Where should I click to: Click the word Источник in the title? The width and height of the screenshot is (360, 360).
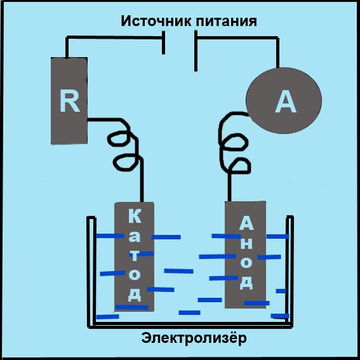click(x=156, y=21)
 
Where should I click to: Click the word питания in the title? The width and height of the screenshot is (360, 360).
click(x=227, y=22)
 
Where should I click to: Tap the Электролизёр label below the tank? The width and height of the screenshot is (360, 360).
click(x=194, y=338)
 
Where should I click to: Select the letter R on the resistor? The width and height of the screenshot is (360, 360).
click(x=69, y=101)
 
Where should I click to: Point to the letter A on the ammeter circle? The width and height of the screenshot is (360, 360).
click(x=286, y=101)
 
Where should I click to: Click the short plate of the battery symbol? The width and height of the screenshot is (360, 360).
click(x=163, y=43)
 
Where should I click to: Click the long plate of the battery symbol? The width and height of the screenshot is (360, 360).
click(x=196, y=51)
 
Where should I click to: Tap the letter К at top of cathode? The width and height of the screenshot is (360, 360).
click(x=135, y=216)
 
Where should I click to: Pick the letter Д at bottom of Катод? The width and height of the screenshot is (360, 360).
click(x=135, y=294)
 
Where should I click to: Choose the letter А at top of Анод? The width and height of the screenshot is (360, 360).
click(x=246, y=223)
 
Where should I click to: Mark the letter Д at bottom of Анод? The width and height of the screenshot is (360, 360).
click(x=246, y=282)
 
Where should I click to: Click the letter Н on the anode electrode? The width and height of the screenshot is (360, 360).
click(x=246, y=243)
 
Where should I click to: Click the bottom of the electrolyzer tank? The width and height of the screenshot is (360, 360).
click(x=190, y=325)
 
